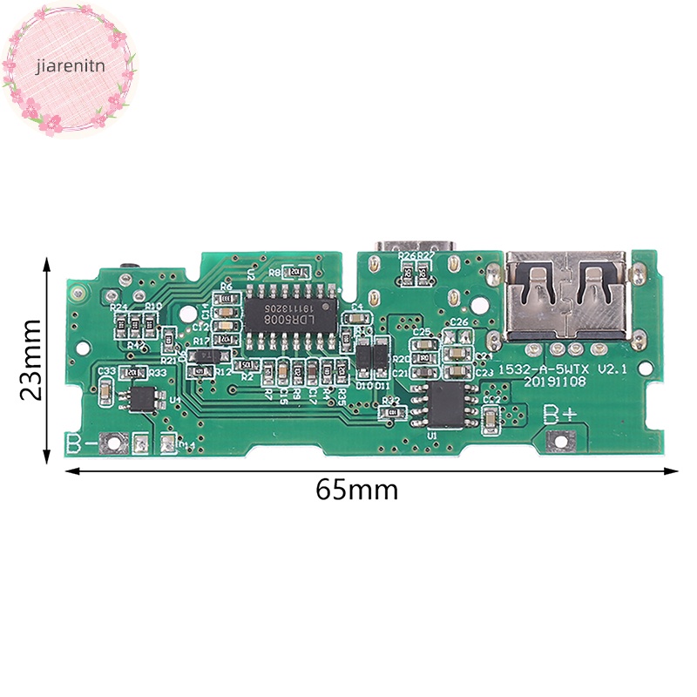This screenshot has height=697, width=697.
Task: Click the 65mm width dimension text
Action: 356,490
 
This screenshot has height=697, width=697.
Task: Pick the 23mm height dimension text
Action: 30,359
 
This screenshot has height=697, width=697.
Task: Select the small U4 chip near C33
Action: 143,397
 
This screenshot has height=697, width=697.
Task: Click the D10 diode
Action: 363,358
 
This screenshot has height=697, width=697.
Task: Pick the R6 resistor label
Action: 226,286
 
